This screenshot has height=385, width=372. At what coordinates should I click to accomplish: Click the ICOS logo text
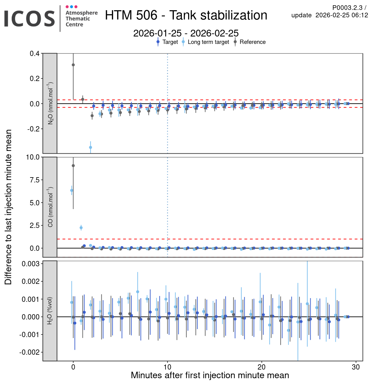(x=29, y=19)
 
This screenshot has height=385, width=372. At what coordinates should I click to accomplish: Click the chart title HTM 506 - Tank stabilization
(x=186, y=15)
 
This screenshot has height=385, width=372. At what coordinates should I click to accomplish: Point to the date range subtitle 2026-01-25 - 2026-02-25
(x=186, y=33)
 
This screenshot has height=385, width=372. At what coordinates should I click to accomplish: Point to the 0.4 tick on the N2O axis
(x=34, y=53)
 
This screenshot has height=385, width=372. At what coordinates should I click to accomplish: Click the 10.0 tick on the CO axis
(x=33, y=157)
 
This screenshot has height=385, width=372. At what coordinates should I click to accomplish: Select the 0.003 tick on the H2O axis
(x=31, y=263)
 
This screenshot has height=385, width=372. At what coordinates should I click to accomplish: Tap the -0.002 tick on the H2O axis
(x=30, y=352)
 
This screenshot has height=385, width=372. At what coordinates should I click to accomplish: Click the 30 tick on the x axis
(x=356, y=367)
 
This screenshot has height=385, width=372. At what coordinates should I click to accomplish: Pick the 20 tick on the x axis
(x=262, y=367)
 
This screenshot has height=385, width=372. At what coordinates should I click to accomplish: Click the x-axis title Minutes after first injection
(x=210, y=375)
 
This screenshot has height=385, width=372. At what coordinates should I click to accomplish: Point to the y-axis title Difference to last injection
(x=8, y=207)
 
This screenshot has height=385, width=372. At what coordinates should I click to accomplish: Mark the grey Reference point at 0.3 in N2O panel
(x=73, y=65)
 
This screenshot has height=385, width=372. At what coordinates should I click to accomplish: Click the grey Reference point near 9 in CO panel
(x=73, y=166)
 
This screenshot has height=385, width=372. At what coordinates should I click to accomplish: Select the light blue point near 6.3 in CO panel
(x=72, y=190)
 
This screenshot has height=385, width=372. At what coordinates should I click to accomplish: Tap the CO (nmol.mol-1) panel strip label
(x=50, y=207)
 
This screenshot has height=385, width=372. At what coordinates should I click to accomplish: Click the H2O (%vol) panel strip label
(x=50, y=311)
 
